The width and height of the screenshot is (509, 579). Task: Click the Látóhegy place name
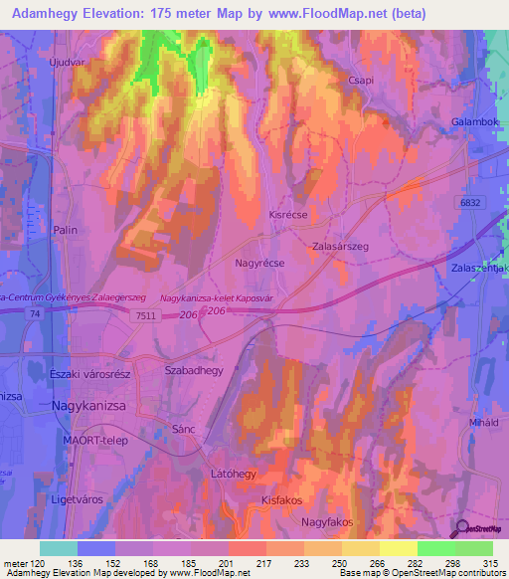pos(236,474)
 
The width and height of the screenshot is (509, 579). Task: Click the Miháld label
pos(482,422)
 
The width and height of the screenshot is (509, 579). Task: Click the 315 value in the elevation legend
pos(484,563)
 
